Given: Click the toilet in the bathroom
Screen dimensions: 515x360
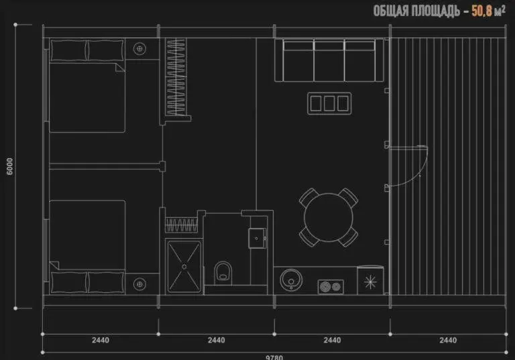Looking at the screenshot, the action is pyautogui.click(x=223, y=272).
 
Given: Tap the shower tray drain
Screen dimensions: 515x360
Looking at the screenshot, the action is pyautogui.click(x=184, y=267).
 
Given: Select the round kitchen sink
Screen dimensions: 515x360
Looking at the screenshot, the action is pyautogui.click(x=291, y=280).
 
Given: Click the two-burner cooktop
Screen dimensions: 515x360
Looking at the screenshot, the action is pyautogui.click(x=331, y=287).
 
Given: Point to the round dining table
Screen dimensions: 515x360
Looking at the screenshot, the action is pyautogui.click(x=329, y=217).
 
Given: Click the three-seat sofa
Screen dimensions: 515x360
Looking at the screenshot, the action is pyautogui.click(x=329, y=60).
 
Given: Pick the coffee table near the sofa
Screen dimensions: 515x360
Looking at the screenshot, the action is pyautogui.click(x=329, y=103).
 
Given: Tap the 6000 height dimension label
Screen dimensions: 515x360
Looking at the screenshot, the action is pyautogui.click(x=10, y=166).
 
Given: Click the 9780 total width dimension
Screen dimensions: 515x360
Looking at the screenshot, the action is pyautogui.click(x=274, y=357).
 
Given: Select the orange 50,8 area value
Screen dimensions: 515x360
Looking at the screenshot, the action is pyautogui.click(x=482, y=11).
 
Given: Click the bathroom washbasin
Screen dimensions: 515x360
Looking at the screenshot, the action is pyautogui.click(x=257, y=238).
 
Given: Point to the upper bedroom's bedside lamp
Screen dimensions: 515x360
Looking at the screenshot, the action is pyautogui.click(x=139, y=49).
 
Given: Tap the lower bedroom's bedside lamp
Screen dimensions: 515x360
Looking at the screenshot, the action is pyautogui.click(x=139, y=284).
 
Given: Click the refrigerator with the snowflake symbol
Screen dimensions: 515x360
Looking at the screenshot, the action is pyautogui.click(x=370, y=280).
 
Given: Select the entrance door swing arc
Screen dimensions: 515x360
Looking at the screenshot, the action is pyautogui.click(x=418, y=174).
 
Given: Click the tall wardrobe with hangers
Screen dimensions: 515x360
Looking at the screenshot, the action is pyautogui.click(x=176, y=77).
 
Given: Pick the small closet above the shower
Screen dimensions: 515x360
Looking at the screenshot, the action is pyautogui.click(x=181, y=225).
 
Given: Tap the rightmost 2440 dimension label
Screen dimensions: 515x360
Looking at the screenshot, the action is pyautogui.click(x=448, y=340).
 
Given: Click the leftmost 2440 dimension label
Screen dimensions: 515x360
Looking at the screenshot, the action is pyautogui.click(x=101, y=340).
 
